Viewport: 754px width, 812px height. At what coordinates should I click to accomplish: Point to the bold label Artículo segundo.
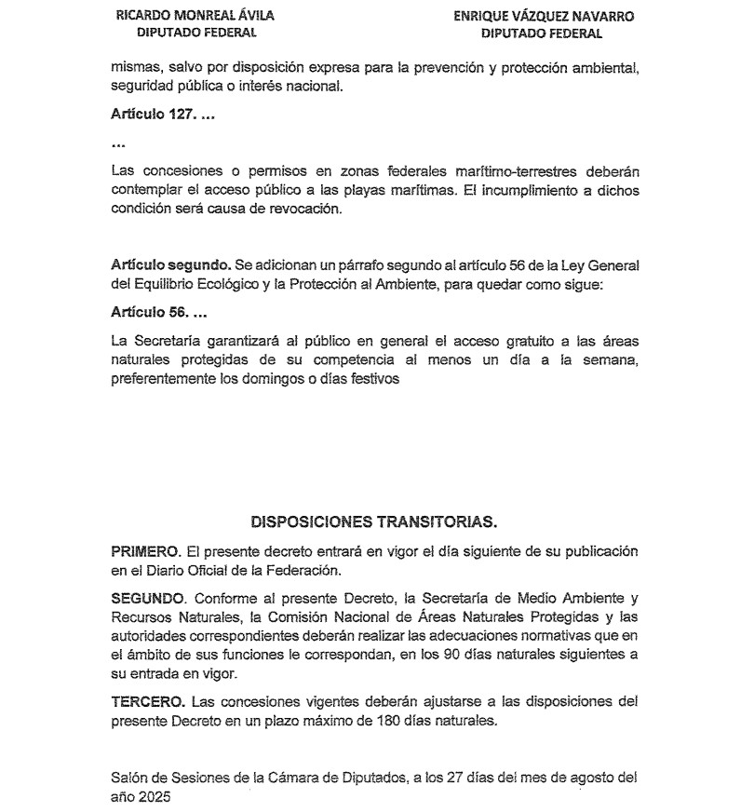[163, 265]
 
